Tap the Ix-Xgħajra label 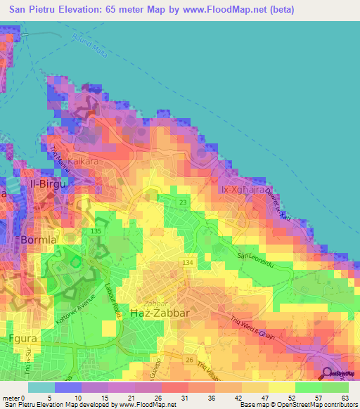click(x=241, y=190)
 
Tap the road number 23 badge click(x=182, y=202)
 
